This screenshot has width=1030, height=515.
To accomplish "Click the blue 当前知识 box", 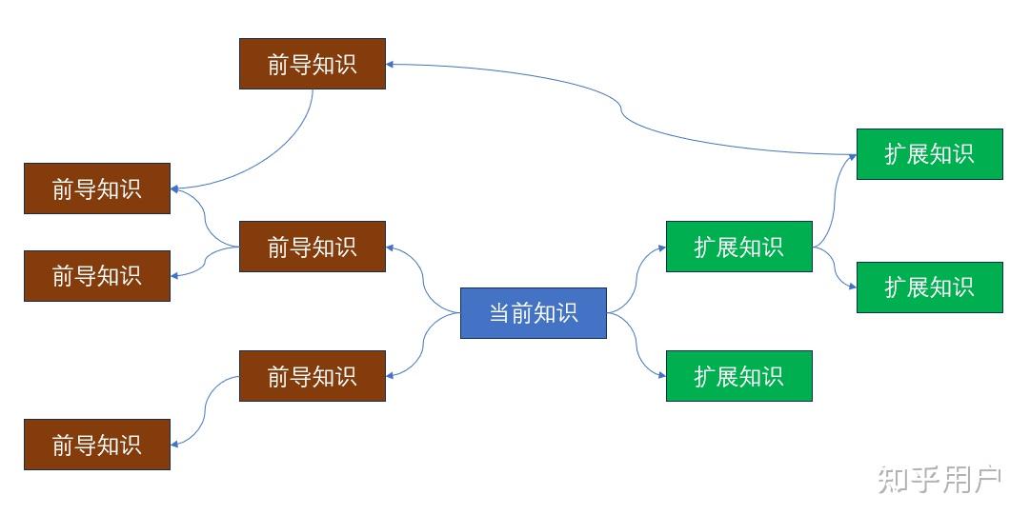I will click(x=533, y=312).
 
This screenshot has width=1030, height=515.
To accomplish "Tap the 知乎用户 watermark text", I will click(x=939, y=480).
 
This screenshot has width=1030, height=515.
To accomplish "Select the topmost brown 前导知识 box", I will click(x=312, y=64).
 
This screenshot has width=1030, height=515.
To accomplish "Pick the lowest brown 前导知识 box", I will click(x=97, y=445).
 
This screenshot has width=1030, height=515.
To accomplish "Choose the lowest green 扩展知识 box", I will click(x=738, y=376).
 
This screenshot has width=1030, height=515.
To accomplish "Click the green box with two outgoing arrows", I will click(x=738, y=247).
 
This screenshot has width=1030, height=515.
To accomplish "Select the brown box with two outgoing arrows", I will click(x=312, y=247).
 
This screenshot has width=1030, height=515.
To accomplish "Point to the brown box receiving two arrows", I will click(x=97, y=188).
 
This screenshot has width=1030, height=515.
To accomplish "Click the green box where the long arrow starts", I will click(x=929, y=154).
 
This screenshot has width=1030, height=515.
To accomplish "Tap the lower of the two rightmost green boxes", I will click(x=929, y=287).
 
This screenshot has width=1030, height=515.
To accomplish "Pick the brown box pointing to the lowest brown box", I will click(x=312, y=376).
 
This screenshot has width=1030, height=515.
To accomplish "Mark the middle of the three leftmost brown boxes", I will click(x=97, y=276).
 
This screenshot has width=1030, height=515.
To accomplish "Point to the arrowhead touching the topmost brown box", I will click(x=391, y=65).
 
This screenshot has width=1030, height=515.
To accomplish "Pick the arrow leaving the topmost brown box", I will click(x=286, y=152).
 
